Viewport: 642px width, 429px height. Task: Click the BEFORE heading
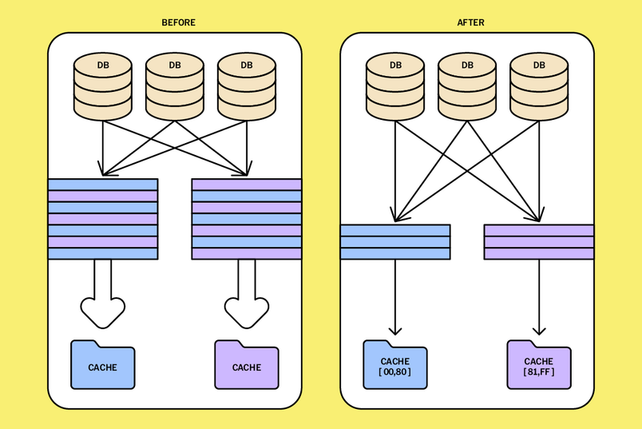(x=178, y=22)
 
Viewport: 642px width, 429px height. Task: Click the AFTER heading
(x=470, y=22)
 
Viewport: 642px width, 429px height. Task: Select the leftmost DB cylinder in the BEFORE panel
(x=103, y=85)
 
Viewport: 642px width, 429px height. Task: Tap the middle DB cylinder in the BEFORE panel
(x=175, y=85)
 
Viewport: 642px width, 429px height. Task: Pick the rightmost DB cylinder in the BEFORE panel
(x=247, y=85)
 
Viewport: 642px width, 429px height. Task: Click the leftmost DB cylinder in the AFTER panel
(x=395, y=85)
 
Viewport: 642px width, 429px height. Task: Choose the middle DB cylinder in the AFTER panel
(x=467, y=85)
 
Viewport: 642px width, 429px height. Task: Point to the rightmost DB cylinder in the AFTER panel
(x=539, y=85)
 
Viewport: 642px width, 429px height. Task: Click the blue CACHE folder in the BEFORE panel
(x=103, y=366)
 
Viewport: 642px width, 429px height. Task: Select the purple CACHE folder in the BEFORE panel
(x=247, y=366)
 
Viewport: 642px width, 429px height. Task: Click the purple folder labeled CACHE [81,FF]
(x=539, y=366)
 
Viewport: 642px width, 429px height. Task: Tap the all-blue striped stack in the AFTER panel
(x=395, y=242)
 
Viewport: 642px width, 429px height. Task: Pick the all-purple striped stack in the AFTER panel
(x=539, y=242)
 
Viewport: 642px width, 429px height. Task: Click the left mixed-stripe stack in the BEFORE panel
(x=103, y=219)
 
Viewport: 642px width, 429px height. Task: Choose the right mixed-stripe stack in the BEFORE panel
(x=247, y=219)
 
